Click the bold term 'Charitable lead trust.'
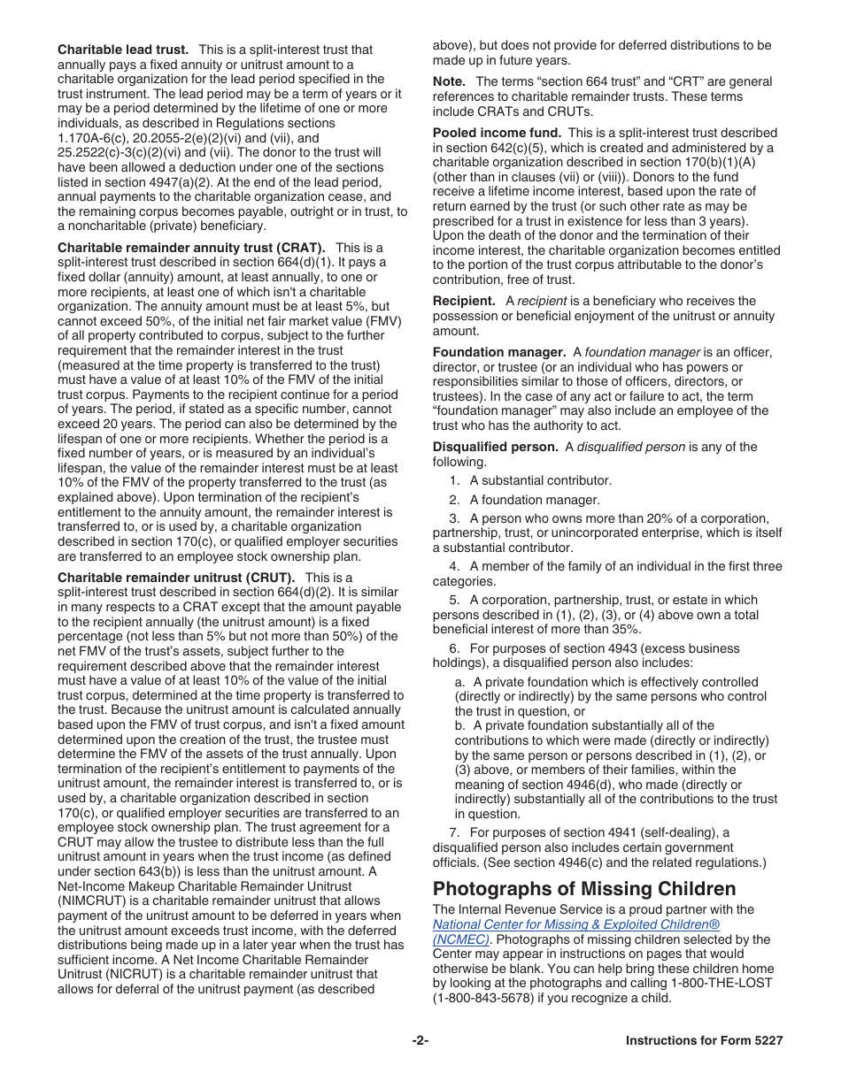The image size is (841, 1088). pos(123,50)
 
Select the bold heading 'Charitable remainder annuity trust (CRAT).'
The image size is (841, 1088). pos(191,248)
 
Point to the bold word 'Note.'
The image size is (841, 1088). pos(449,82)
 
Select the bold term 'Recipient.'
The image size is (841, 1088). pos(464,301)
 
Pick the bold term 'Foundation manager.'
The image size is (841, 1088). pos(499,352)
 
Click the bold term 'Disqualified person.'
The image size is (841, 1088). pos(495,447)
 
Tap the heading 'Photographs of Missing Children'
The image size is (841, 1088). pos(584,888)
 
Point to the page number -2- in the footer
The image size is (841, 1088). pos(420,1040)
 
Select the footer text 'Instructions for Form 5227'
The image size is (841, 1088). pos(704,1040)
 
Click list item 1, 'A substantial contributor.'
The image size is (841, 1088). pos(540,480)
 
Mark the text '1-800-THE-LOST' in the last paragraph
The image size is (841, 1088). pos(728,983)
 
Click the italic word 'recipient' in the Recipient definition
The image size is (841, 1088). pos(542,301)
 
